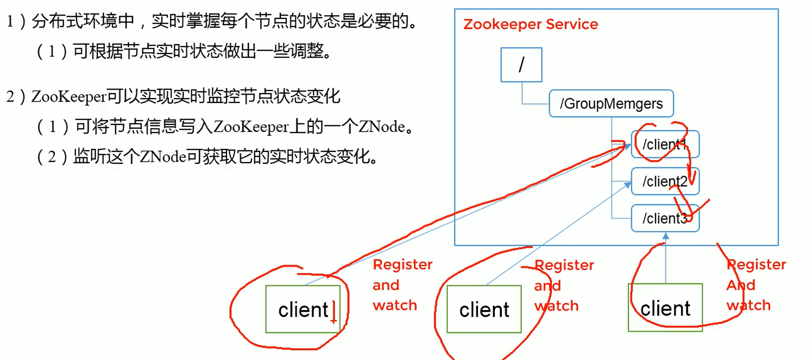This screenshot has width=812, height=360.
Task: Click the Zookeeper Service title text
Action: click(x=530, y=24)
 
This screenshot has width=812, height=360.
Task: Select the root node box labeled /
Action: click(x=521, y=65)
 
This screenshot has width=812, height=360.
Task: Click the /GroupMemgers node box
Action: click(x=611, y=103)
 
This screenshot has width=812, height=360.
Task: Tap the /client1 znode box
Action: click(x=665, y=144)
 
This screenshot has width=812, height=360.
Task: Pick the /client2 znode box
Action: click(x=665, y=181)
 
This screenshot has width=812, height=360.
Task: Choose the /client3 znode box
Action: click(x=665, y=218)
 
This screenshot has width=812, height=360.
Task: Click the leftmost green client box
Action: click(x=303, y=309)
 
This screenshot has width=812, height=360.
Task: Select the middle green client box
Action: click(x=484, y=309)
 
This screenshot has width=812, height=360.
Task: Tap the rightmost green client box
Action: click(x=665, y=308)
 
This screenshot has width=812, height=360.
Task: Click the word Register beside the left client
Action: click(x=402, y=265)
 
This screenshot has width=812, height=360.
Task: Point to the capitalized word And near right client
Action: click(x=741, y=285)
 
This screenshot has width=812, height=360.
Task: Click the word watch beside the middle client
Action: click(x=556, y=306)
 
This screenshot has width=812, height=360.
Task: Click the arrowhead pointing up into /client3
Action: click(x=666, y=236)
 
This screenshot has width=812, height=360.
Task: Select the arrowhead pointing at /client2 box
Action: click(x=628, y=184)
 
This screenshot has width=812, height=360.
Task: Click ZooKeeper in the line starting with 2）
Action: click(x=69, y=96)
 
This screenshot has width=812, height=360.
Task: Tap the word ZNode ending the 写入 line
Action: click(x=381, y=127)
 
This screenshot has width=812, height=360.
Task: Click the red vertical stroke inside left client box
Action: click(x=333, y=311)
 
